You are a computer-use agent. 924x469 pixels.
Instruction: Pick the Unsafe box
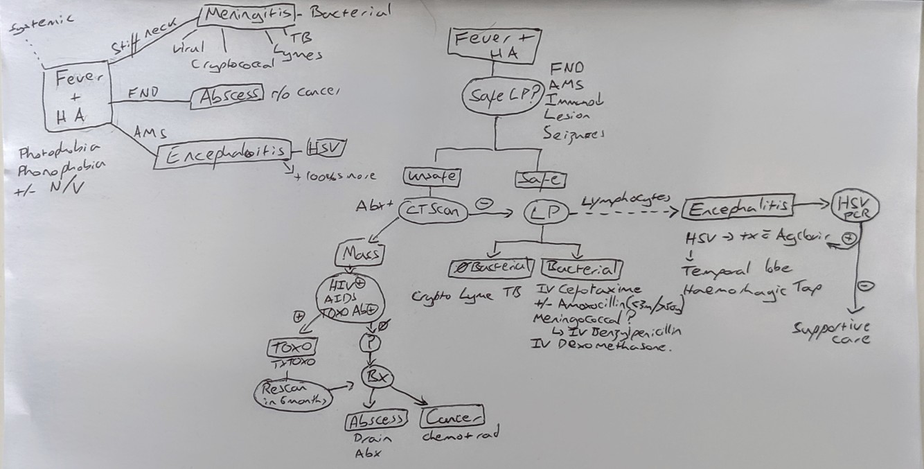click(x=432, y=176)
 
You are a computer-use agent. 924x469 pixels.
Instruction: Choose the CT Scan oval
click(x=432, y=212)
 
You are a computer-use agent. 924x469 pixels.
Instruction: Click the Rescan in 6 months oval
click(x=294, y=393)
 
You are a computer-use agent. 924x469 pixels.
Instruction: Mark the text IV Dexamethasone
click(x=600, y=346)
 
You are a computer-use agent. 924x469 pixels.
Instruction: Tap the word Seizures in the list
click(x=574, y=134)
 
